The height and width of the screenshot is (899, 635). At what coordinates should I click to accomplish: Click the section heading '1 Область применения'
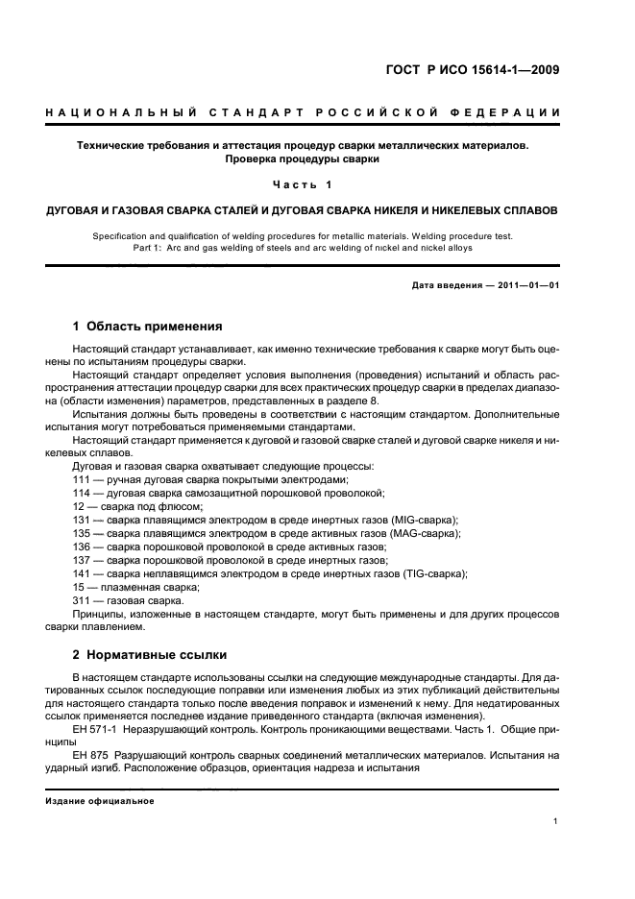tap(148, 327)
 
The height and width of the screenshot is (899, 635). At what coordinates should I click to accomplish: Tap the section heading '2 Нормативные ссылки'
tap(150, 655)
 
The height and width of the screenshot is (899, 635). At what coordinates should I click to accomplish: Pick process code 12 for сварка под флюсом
tap(81, 505)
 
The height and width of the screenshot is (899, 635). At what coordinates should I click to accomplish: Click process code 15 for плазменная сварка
tap(81, 587)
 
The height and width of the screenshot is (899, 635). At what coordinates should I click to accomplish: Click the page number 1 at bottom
tap(557, 821)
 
